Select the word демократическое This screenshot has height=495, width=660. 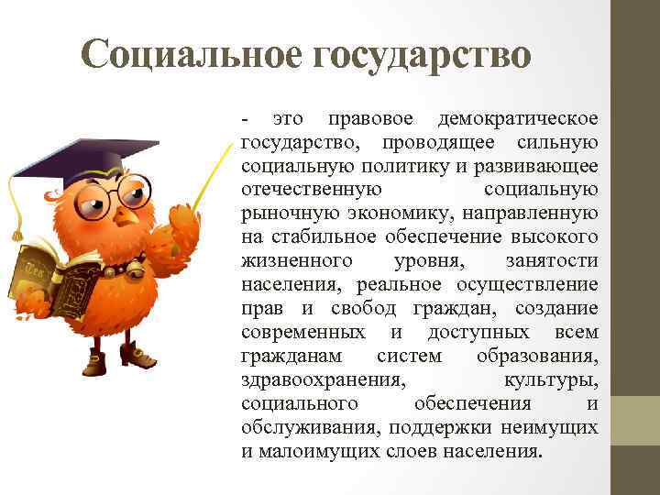518,119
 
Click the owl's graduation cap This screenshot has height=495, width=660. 88,157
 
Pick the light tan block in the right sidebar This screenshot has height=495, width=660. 635,421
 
